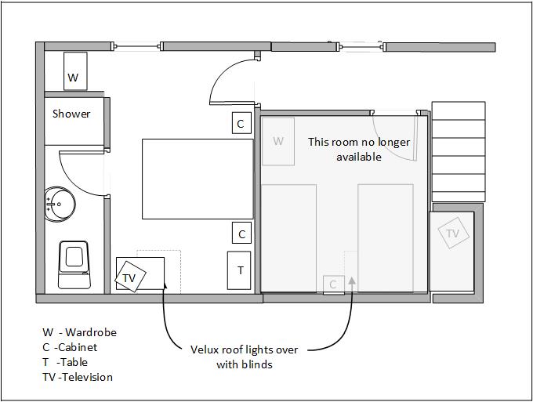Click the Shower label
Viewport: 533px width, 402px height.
(71, 114)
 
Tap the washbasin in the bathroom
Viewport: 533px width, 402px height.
(60, 205)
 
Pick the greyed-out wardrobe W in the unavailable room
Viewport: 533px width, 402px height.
(278, 142)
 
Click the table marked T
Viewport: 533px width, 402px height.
(240, 271)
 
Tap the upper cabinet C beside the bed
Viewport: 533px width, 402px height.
(241, 124)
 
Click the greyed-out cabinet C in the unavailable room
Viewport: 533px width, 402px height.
(333, 284)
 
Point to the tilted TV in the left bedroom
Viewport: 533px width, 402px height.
(129, 277)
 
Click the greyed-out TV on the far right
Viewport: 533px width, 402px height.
(453, 234)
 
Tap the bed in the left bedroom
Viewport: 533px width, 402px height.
(198, 179)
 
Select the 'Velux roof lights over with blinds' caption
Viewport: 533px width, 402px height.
(244, 357)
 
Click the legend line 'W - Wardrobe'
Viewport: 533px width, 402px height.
(79, 332)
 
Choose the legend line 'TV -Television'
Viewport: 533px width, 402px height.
(78, 377)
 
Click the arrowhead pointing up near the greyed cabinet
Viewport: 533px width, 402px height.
(352, 280)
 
